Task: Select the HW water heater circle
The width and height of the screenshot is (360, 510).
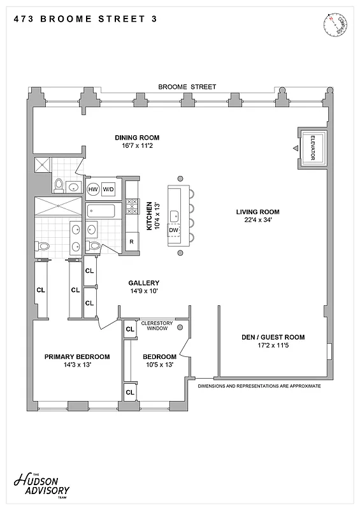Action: pyautogui.click(x=93, y=189)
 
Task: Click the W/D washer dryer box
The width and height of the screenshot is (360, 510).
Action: pyautogui.click(x=109, y=189)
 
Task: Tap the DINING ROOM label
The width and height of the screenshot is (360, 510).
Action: pyautogui.click(x=137, y=137)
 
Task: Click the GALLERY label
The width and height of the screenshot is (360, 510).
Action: pyautogui.click(x=143, y=283)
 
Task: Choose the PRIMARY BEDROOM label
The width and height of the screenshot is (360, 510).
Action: pyautogui.click(x=77, y=356)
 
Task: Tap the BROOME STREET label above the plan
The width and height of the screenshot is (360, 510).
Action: pyautogui.click(x=187, y=87)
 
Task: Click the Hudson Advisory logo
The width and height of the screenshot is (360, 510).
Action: pyautogui.click(x=41, y=487)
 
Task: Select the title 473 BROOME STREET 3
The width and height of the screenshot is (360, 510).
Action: pyautogui.click(x=84, y=19)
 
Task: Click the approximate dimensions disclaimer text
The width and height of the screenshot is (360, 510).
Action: pyautogui.click(x=259, y=386)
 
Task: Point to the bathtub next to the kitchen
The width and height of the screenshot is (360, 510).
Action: pyautogui.click(x=103, y=210)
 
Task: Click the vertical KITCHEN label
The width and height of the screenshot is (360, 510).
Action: pyautogui.click(x=150, y=215)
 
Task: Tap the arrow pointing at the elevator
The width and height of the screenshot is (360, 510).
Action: pyautogui.click(x=295, y=149)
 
